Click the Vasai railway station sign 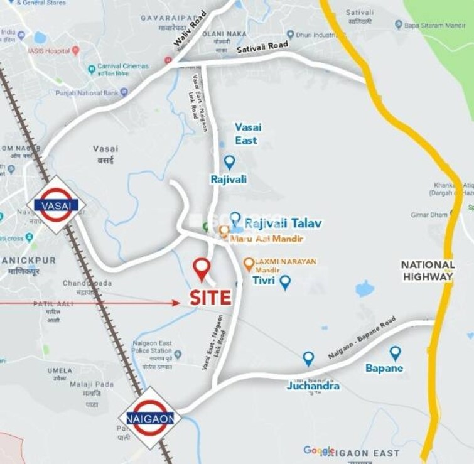(x=56, y=205)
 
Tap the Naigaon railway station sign (x=149, y=417)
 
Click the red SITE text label (x=211, y=298)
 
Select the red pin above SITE (x=202, y=269)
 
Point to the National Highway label (x=428, y=271)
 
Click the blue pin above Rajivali (x=229, y=162)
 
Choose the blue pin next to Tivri (x=285, y=282)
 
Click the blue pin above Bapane (x=395, y=353)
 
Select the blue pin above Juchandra (x=308, y=358)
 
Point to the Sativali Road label (x=262, y=46)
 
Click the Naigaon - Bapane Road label (x=361, y=338)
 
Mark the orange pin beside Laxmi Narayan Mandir (x=249, y=264)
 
